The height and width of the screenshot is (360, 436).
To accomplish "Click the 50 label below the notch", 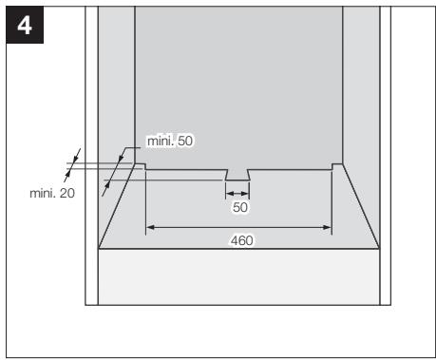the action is [239, 206].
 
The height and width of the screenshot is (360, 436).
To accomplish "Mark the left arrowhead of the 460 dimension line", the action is [148, 227].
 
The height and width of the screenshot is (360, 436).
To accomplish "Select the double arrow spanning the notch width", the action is [237, 194].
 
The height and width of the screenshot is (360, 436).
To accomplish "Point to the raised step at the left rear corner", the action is [139, 167].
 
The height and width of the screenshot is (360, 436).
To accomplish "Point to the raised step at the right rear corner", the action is [336, 167].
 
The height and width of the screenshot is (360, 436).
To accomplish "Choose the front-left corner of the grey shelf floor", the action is [100, 249].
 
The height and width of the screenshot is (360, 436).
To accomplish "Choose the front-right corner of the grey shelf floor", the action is [378, 249].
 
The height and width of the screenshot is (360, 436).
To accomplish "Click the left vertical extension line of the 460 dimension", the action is [144, 204].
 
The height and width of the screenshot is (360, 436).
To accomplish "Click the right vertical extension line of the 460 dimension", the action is [331, 204].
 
